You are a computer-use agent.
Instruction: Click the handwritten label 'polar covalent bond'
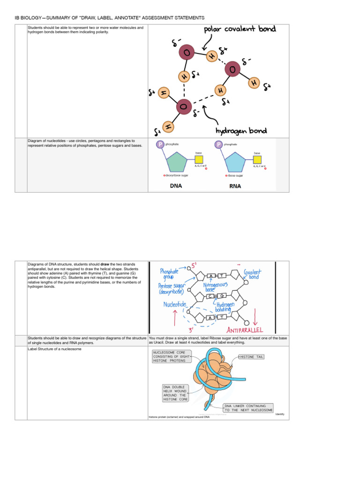pos(239,31)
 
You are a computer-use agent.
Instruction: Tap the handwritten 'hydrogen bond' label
pos(242,131)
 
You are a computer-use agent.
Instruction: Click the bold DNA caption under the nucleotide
pos(176,186)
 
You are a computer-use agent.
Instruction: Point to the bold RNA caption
pos(235,186)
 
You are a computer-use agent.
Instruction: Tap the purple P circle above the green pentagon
pos(160,144)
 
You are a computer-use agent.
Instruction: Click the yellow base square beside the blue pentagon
pos(257,159)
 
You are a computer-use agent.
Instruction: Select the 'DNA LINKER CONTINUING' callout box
pos(248,408)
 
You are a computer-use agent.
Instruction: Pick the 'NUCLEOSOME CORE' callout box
pos(170,356)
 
